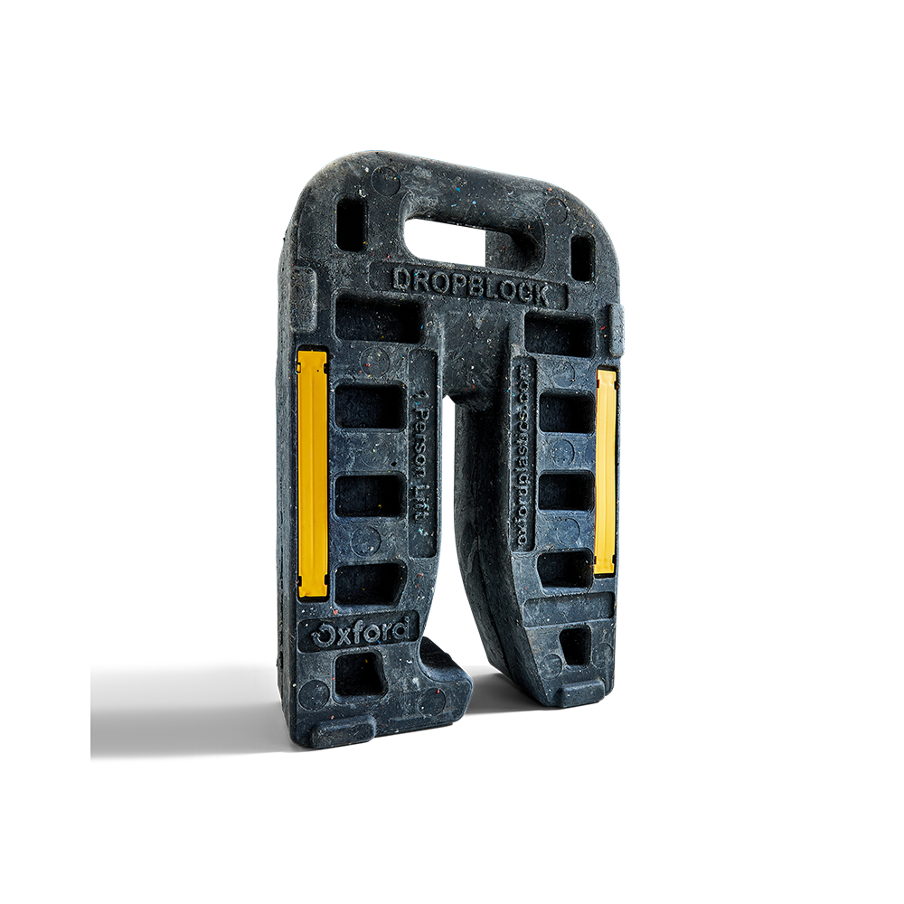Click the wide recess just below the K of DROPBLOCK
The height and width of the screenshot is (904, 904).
pos(558,334)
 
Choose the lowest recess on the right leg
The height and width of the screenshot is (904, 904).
pos(574,645)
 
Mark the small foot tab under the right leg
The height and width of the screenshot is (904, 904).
pos(579,695)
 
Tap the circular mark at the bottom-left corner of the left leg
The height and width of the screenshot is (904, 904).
pos(314,694)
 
